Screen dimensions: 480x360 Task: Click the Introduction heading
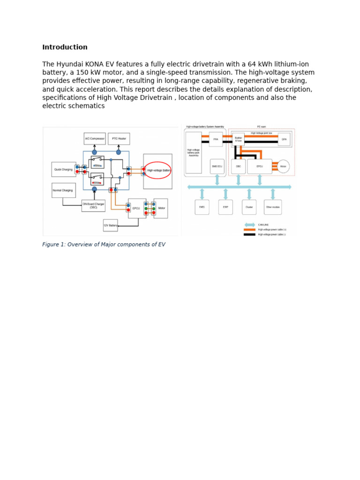pyautogui.click(x=65, y=47)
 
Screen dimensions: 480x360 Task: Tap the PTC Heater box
pyautogui.click(x=119, y=139)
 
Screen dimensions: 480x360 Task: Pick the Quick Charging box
pyautogui.click(x=63, y=169)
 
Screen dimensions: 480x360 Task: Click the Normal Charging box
pyautogui.click(x=63, y=190)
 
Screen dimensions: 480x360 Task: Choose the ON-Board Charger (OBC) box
pyautogui.click(x=93, y=206)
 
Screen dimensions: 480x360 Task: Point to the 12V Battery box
pyautogui.click(x=110, y=225)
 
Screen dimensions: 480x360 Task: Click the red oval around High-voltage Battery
pyautogui.click(x=158, y=170)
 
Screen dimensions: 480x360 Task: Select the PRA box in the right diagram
pyautogui.click(x=216, y=139)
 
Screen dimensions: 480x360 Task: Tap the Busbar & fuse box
pyautogui.click(x=239, y=139)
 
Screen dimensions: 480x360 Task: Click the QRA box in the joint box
pyautogui.click(x=284, y=139)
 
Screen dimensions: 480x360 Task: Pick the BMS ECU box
pyautogui.click(x=217, y=166)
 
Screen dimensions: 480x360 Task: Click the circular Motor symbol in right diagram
pyautogui.click(x=283, y=166)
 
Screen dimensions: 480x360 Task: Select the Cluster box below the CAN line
pyautogui.click(x=249, y=207)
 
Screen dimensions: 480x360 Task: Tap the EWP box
pyautogui.click(x=225, y=207)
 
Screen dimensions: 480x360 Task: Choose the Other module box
pyautogui.click(x=273, y=207)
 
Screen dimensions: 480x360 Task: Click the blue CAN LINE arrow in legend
pyautogui.click(x=249, y=225)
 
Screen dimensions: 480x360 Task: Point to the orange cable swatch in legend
pyautogui.click(x=249, y=230)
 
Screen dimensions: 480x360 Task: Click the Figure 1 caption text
pyautogui.click(x=104, y=244)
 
